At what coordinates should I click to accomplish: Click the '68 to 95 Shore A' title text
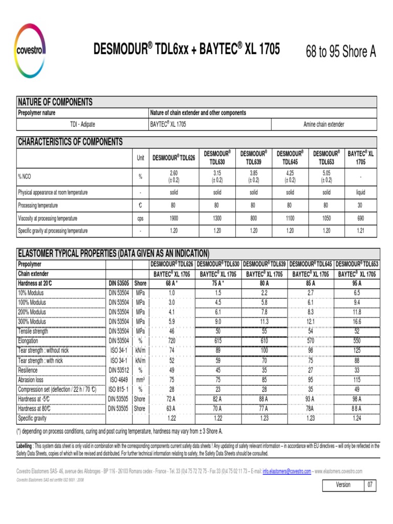pos(340,52)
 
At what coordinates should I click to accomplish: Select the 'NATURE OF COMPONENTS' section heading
pos(55,102)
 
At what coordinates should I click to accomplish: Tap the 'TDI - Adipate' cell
pos(82,124)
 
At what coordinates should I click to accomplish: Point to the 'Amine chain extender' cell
pos(323,124)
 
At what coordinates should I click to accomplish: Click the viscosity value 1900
pos(173,218)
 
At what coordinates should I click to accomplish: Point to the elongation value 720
pos(171,340)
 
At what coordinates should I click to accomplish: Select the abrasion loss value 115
pos(357,380)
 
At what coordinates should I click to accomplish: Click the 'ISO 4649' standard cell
pos(119,380)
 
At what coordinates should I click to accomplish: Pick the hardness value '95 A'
pos(357,283)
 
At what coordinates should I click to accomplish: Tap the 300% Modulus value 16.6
pos(357,322)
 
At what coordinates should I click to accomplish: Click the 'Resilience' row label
pos(28,370)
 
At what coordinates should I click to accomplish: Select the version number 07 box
pos(370,485)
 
